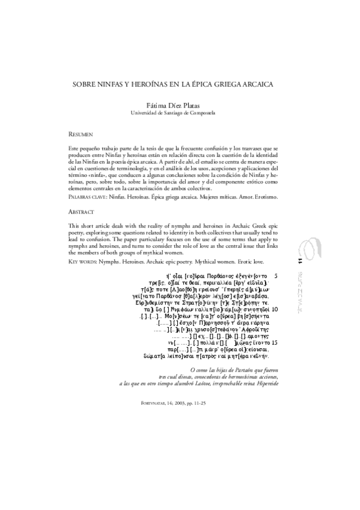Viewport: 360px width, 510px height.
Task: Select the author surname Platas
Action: coord(194,105)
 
